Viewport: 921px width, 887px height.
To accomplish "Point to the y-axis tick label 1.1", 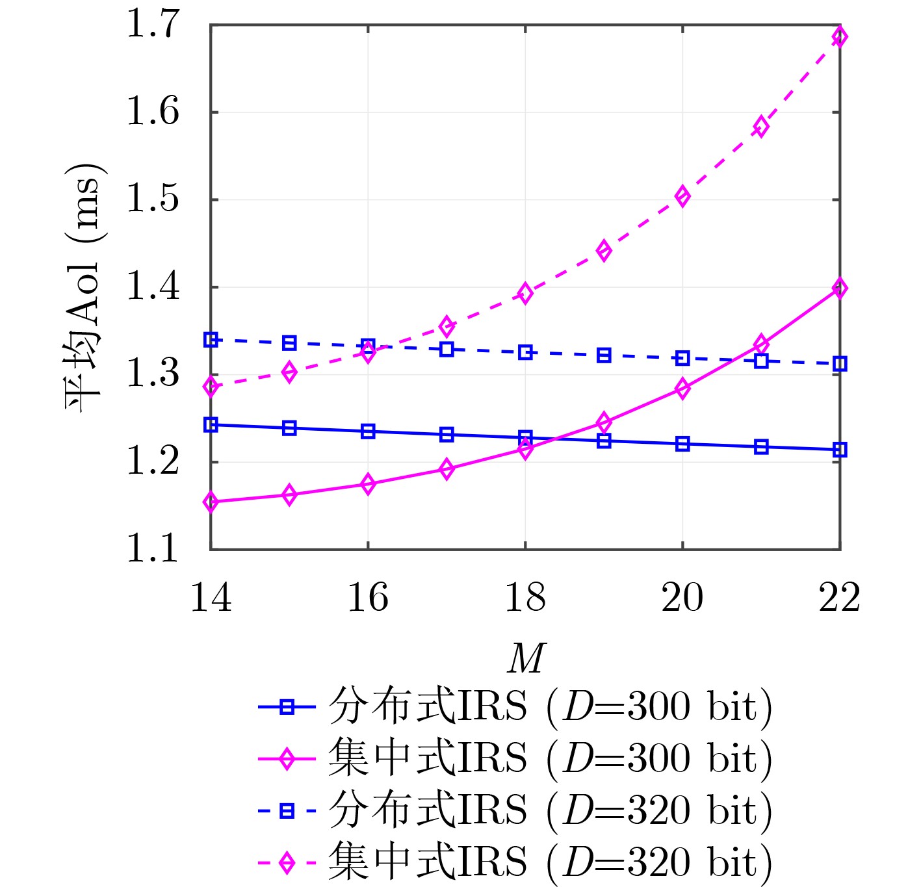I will (152, 550).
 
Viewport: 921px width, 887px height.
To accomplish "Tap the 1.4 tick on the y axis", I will (152, 287).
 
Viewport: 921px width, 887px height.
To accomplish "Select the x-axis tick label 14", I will (211, 598).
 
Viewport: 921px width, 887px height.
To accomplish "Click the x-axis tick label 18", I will (525, 598).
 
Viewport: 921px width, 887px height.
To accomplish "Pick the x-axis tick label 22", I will (839, 598).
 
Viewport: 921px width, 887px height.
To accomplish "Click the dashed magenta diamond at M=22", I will (840, 37).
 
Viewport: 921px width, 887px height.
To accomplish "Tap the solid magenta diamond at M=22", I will (840, 288).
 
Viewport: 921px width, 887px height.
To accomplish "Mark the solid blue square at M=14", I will (211, 425).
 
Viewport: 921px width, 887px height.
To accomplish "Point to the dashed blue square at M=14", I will (211, 339).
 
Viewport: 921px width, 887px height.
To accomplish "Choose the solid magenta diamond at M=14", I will (211, 502).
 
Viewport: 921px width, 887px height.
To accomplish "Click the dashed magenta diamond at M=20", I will (682, 196).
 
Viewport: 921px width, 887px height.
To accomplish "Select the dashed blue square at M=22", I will (840, 364).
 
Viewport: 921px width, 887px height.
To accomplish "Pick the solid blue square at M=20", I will (682, 444).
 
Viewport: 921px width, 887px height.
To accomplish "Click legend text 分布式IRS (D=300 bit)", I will (550, 707).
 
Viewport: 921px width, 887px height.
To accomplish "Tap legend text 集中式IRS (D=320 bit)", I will (550, 863).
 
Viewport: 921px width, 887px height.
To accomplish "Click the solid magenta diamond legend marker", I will (287, 759).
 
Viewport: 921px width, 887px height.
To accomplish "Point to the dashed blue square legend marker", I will (287, 811).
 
